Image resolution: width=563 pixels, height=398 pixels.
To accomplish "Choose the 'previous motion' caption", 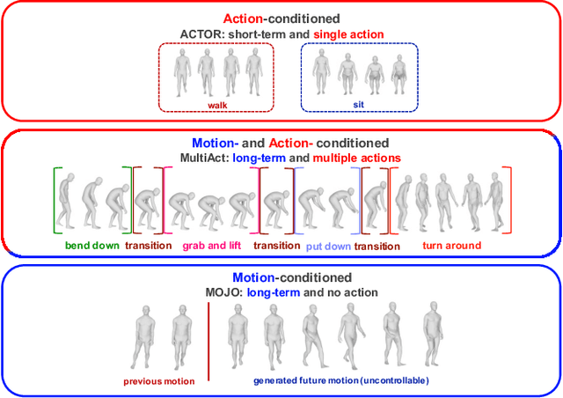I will tap(159, 381).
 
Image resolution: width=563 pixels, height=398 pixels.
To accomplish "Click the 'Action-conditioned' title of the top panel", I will tap(281, 17).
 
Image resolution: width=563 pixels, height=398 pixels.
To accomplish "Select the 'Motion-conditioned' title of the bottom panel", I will tap(281, 276).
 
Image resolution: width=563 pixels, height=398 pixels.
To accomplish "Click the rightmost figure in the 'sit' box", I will tap(398, 76).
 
